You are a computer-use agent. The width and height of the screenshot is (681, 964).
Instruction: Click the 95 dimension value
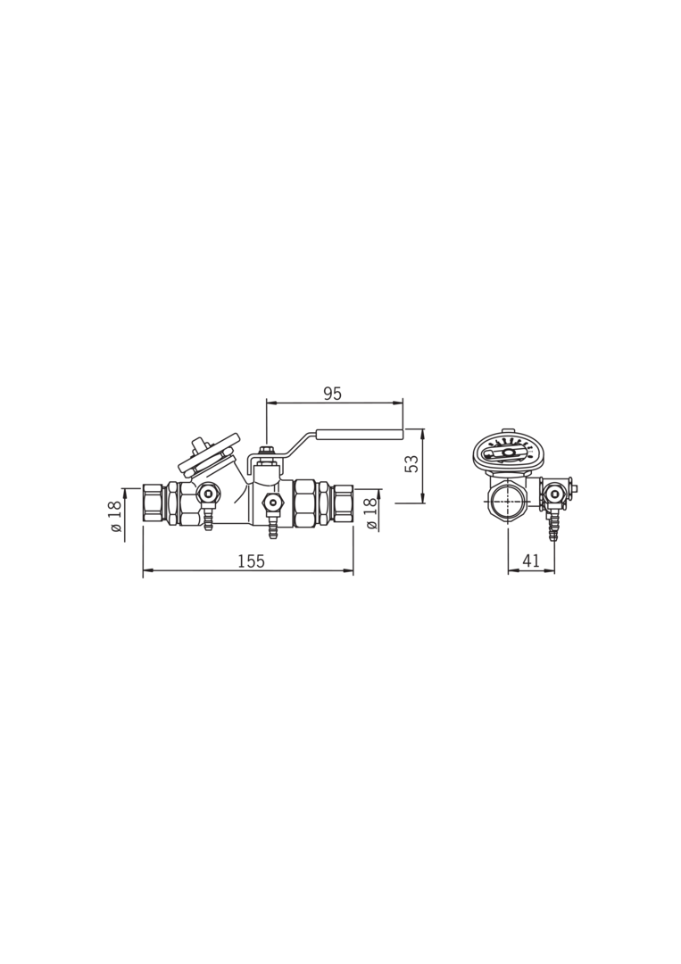(332, 395)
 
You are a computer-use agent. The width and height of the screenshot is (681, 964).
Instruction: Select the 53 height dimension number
(412, 463)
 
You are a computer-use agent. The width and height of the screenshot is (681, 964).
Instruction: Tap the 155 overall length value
(252, 561)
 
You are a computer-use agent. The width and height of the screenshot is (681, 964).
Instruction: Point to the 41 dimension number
(531, 561)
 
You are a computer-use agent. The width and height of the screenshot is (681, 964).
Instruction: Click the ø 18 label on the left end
(114, 516)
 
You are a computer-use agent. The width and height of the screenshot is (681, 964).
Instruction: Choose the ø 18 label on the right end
(370, 513)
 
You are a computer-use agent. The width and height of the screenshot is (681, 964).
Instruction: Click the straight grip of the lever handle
(360, 435)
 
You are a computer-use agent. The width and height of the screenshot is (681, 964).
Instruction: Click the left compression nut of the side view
(154, 503)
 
